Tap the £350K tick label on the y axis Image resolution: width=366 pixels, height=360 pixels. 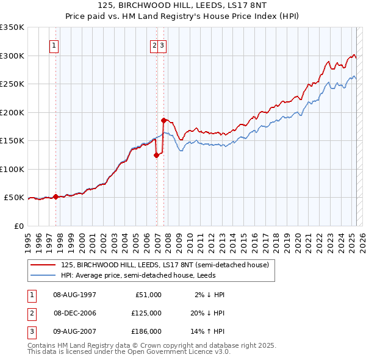[x=12, y=27]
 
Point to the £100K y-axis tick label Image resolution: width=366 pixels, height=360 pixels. [x=12, y=169]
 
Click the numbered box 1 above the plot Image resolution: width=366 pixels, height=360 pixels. [x=55, y=45]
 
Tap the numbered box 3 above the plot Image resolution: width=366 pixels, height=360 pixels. [x=163, y=45]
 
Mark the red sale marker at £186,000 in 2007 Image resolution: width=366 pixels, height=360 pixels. [x=163, y=120]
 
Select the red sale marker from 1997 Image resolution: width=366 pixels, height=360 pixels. [x=56, y=196]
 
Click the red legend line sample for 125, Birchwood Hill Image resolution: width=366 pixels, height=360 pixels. [x=43, y=265]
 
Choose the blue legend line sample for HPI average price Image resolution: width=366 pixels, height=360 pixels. [x=43, y=275]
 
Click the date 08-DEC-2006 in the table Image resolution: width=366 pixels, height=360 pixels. [x=75, y=313]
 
